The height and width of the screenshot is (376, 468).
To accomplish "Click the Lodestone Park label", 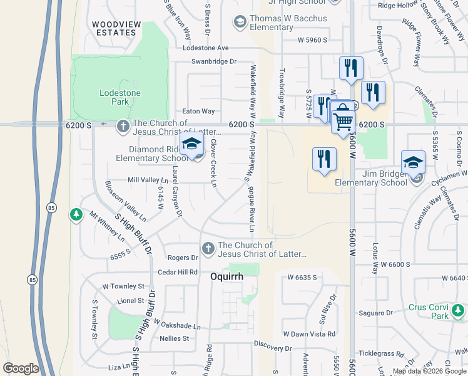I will point(120,97).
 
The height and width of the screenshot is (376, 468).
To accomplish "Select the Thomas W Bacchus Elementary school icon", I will point(240,23).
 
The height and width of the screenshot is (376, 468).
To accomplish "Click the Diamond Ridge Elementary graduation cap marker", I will point(191,145).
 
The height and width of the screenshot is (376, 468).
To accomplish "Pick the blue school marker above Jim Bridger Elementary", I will point(414,163).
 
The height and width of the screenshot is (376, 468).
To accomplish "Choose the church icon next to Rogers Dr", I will point(208,249).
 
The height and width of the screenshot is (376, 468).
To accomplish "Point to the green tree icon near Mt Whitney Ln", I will point(76,215).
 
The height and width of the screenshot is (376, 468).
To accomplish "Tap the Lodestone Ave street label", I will point(206,48).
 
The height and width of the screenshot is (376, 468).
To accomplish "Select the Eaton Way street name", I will point(198,111).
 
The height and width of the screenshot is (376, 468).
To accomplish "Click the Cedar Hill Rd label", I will point(178,272).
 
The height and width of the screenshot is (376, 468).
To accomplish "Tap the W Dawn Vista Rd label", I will point(309,334).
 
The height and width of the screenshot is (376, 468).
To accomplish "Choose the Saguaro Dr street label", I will point(376,313).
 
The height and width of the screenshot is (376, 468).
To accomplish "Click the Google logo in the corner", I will point(21,368).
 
